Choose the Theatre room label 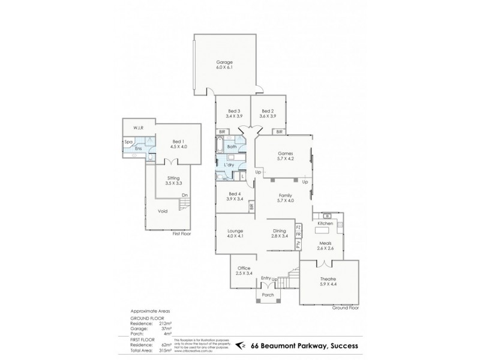click(x=328, y=280)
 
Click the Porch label click(x=266, y=296)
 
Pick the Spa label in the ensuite click(x=128, y=142)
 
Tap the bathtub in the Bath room click(x=221, y=146)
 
